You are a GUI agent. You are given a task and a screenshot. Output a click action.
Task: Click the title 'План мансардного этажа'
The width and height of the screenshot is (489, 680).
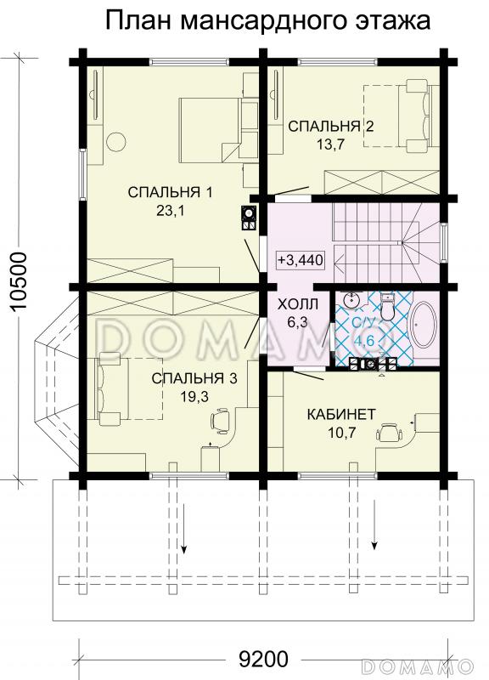pyautogui.click(x=268, y=20)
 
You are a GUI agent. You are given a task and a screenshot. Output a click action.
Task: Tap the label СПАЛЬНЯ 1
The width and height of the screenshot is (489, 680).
pyautogui.click(x=171, y=192)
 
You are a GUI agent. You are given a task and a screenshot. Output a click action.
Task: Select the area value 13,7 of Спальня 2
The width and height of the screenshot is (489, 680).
pyautogui.click(x=330, y=144)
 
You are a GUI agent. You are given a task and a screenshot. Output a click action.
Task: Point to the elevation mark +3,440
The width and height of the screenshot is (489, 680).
pyautogui.click(x=301, y=260)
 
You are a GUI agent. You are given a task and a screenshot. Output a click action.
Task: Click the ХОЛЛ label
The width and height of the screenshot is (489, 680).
pyautogui.click(x=297, y=304)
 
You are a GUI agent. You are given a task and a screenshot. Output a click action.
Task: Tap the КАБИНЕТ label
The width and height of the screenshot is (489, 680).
pyautogui.click(x=341, y=415)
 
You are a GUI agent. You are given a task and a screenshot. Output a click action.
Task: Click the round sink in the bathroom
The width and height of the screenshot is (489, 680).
pyautogui.click(x=351, y=300)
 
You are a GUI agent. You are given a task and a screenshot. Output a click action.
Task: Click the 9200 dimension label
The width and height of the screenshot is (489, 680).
pyautogui.click(x=263, y=660)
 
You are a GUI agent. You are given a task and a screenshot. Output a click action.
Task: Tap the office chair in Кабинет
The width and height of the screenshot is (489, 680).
pyautogui.click(x=389, y=433)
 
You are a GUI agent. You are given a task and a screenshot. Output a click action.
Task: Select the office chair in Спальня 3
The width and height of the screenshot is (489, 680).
pyautogui.click(x=222, y=420)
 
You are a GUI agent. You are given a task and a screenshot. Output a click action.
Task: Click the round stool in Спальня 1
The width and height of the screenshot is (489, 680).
pyautogui.click(x=115, y=141)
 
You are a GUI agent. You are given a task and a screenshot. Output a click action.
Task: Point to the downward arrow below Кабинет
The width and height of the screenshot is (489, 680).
pyautogui.click(x=374, y=524)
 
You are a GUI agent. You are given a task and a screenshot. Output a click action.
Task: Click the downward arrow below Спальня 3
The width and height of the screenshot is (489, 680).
pyautogui.click(x=184, y=528)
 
